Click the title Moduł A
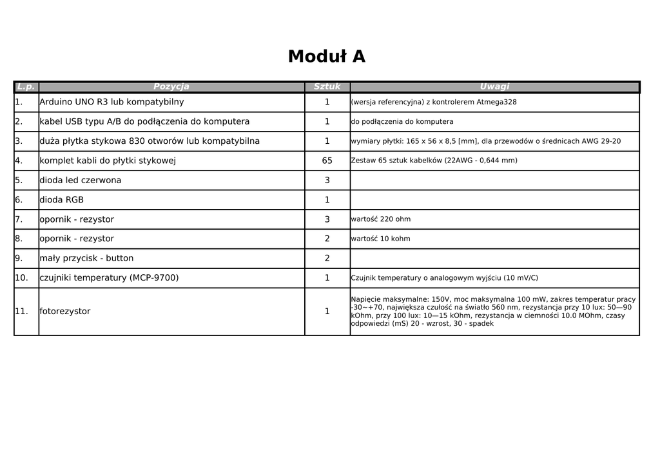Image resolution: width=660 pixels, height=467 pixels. [326, 57]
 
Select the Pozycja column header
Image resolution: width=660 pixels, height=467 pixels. [171, 86]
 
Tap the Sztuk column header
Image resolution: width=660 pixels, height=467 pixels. [327, 86]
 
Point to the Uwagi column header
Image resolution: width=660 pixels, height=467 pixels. [494, 86]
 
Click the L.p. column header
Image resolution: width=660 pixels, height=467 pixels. [26, 86]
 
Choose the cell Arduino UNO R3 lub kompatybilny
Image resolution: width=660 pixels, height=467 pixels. [112, 102]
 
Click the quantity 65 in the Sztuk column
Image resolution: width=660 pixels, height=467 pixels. [327, 161]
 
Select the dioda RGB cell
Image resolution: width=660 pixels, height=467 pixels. [62, 200]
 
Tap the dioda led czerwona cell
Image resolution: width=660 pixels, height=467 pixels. [80, 180]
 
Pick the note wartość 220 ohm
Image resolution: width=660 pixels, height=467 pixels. [381, 219]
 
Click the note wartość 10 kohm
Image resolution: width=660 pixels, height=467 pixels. [381, 239]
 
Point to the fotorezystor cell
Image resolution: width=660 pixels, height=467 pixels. [65, 312]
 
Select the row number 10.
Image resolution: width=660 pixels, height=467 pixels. [21, 278]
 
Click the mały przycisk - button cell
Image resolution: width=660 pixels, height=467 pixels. [86, 259]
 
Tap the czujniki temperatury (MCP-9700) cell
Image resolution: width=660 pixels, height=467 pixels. [109, 278]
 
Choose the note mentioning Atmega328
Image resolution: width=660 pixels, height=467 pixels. [434, 102]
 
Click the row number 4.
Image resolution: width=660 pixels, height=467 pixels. [19, 161]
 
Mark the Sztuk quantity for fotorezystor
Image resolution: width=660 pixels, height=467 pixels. [327, 312]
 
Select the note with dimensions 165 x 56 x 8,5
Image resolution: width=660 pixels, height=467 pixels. [486, 141]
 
